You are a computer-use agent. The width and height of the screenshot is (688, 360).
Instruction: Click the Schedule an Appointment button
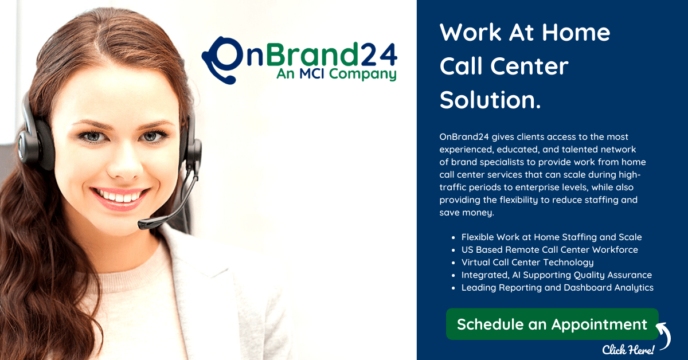(552, 324)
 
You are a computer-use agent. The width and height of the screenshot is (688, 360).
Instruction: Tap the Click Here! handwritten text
(628, 350)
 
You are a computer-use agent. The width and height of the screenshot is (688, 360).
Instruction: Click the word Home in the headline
(576, 33)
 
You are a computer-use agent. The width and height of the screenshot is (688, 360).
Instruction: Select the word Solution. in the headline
(490, 100)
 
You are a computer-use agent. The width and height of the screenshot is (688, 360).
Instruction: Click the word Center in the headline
(529, 66)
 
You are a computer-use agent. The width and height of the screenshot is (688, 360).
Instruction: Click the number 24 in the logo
(378, 54)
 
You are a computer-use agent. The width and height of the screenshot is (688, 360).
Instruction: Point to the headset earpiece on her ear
(36, 144)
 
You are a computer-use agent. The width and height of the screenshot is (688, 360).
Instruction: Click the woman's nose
(125, 167)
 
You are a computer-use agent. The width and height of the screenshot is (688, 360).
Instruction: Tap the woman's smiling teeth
(119, 195)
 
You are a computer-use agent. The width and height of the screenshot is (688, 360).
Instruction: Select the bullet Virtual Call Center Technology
(527, 263)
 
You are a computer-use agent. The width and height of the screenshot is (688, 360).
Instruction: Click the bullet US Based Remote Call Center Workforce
(549, 250)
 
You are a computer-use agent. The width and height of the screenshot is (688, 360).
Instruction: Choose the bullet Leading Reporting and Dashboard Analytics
(557, 288)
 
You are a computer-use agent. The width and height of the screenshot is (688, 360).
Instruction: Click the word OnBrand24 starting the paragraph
(464, 136)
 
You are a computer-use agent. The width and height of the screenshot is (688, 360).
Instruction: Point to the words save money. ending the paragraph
(467, 213)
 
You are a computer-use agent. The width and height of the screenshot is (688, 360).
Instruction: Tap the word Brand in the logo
(312, 54)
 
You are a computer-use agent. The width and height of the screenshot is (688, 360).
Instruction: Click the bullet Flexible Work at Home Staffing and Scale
(552, 237)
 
